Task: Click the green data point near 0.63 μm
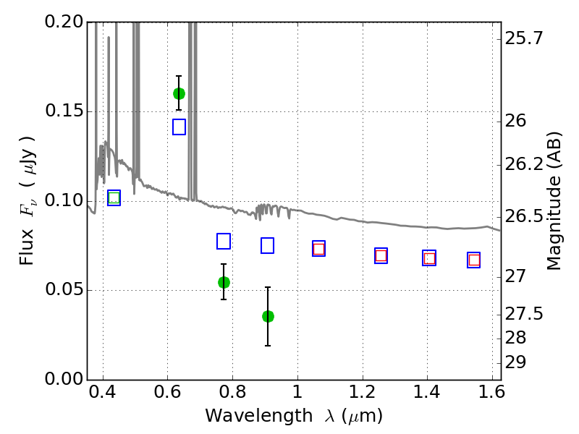(x=179, y=94)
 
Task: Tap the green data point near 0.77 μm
(x=224, y=282)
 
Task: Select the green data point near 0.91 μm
(x=268, y=316)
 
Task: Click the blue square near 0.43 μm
(x=114, y=197)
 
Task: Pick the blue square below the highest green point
(x=179, y=127)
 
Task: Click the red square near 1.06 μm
(x=318, y=249)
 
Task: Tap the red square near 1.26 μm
(x=381, y=255)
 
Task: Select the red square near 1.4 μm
(x=429, y=258)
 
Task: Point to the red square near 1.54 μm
(x=474, y=260)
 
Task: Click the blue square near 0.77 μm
(x=224, y=241)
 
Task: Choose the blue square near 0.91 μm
(x=267, y=245)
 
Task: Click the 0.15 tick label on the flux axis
(x=64, y=111)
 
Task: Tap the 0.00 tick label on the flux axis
(x=64, y=378)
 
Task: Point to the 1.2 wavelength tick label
(x=363, y=392)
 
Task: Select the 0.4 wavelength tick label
(x=103, y=392)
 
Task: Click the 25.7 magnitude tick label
(x=524, y=38)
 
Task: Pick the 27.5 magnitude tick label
(x=524, y=314)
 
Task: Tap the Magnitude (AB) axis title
(x=554, y=201)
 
